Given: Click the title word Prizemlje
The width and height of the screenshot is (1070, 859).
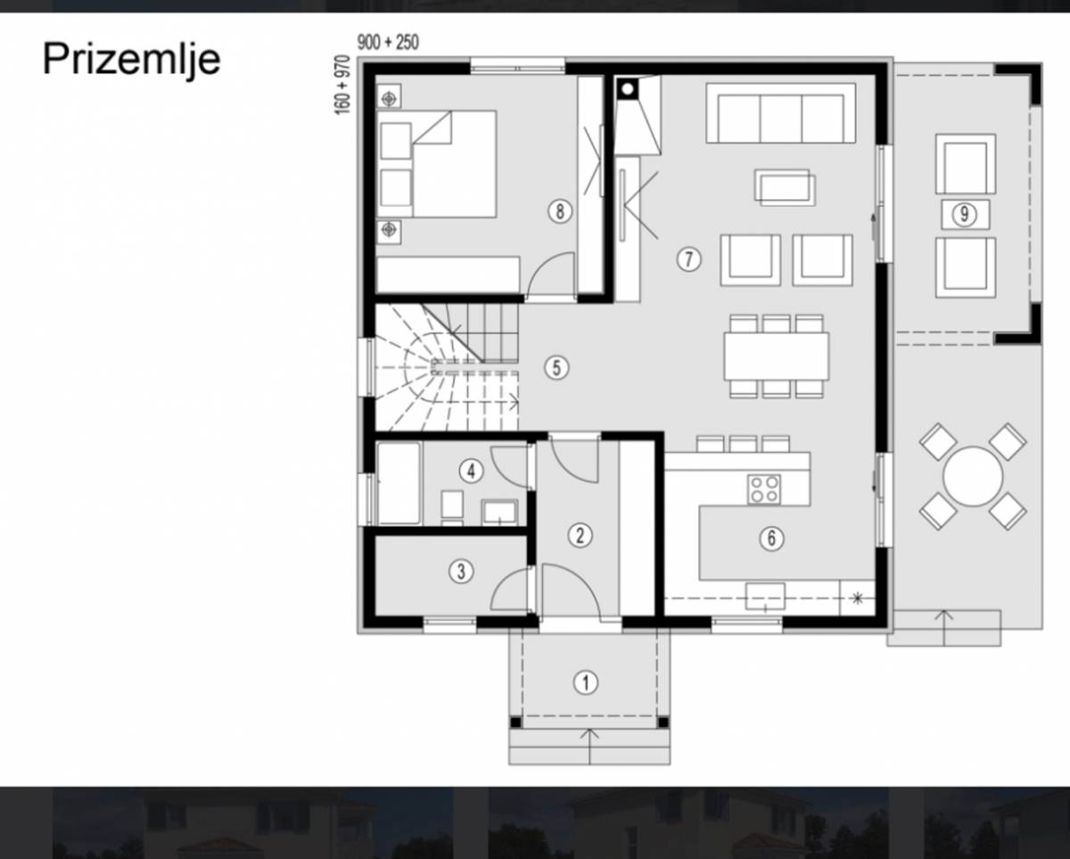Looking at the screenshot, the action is coord(131,60).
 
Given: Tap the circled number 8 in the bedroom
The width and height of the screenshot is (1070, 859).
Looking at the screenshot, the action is coord(560,211).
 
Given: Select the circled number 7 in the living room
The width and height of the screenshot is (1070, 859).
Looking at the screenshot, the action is coord(689,258).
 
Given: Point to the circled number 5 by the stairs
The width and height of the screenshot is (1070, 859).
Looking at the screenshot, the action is coord(556,368).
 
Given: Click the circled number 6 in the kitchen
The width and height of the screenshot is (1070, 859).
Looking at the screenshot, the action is coord(771,538).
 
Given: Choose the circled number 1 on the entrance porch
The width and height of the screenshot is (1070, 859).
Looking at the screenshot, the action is coord(586,683).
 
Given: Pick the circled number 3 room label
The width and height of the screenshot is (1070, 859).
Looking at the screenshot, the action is coord(461,571).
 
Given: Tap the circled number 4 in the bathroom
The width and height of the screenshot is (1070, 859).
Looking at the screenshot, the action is coord(472,471).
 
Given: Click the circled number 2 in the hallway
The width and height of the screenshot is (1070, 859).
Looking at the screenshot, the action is coord(580,536).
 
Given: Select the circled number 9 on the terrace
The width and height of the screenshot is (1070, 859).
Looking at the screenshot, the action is coord(965,215).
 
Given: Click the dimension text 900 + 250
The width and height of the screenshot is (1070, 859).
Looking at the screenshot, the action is coord(388,43).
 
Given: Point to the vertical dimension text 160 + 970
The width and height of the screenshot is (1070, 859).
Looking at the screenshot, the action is coord(342,85).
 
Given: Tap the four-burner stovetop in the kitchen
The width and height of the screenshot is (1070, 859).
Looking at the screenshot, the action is coord(764,489).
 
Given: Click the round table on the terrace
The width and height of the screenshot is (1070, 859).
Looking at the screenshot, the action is coord(973,477).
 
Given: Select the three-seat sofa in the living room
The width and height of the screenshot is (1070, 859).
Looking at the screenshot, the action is coord(780,113).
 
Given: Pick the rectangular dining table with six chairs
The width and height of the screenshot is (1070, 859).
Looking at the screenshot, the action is coord(777,356).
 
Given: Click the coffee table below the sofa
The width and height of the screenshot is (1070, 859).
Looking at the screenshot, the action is coord(785,187).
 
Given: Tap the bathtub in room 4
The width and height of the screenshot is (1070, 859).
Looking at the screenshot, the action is coord(399,483).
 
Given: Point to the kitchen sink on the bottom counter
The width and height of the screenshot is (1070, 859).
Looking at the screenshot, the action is coord(765,596).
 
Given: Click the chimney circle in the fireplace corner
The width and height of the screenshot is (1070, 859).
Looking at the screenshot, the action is coord(628,89).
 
